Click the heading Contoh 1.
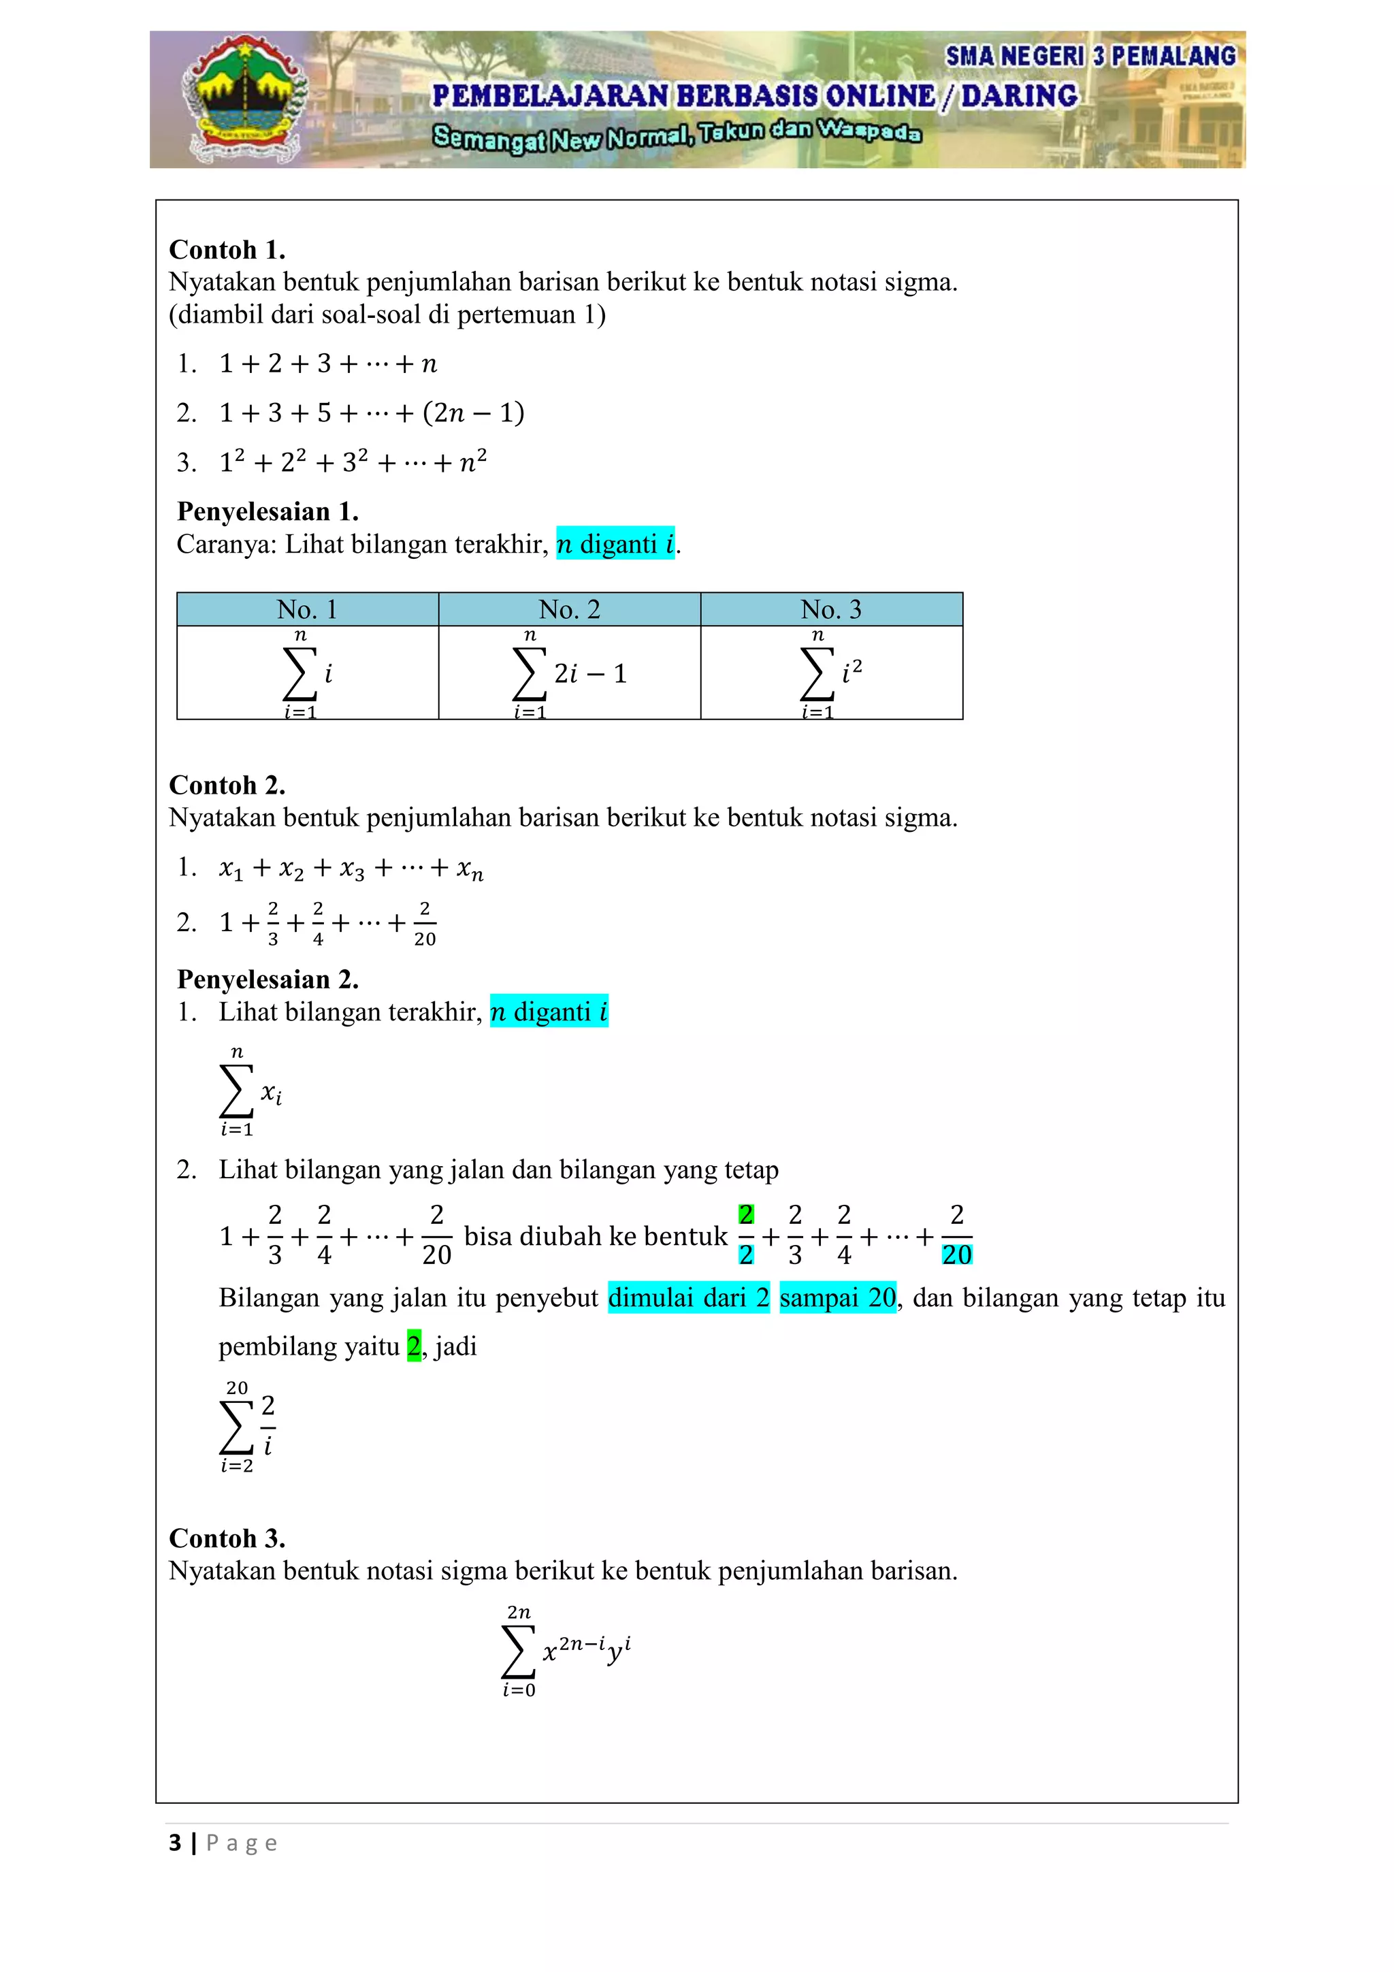click(227, 250)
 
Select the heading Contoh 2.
click(227, 785)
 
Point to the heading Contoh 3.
click(227, 1538)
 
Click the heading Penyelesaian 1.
click(267, 512)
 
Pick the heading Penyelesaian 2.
click(267, 979)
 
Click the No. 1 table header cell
click(308, 610)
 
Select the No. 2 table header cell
click(570, 610)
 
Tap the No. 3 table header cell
click(830, 610)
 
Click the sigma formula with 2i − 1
click(568, 674)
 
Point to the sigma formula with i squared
click(829, 674)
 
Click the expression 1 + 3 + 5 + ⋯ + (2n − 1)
click(371, 413)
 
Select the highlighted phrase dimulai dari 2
click(688, 1298)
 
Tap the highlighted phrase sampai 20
click(837, 1298)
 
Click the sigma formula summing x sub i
click(249, 1093)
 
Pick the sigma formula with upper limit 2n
click(565, 1651)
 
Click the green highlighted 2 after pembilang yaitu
click(414, 1346)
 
